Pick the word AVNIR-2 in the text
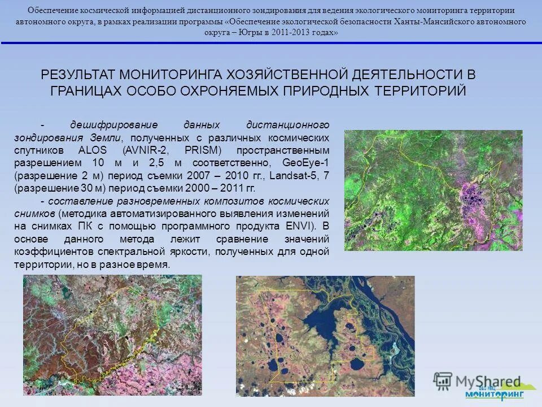[x=146, y=150]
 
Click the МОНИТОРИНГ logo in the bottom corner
[x=495, y=393]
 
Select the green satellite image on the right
[x=433, y=190]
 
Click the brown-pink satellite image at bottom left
[x=112, y=335]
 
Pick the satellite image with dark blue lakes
[x=325, y=336]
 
